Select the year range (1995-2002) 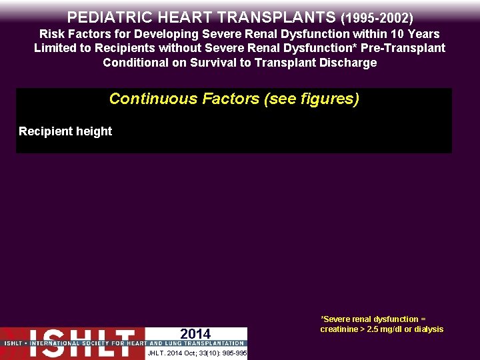coord(377,17)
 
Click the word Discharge coord(349,63)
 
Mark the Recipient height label coord(65,131)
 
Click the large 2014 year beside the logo coord(195,334)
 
